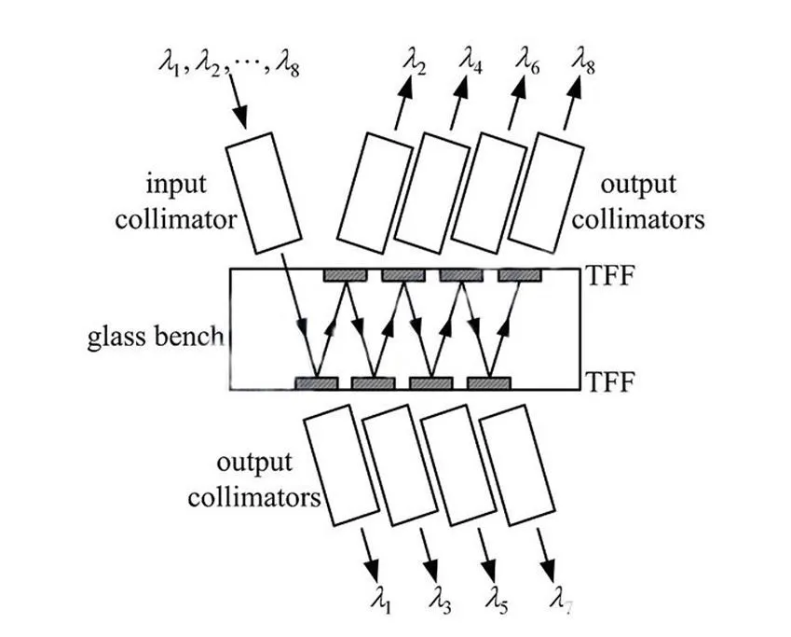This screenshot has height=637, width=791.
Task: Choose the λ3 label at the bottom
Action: click(443, 605)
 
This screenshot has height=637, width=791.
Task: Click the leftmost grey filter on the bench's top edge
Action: click(345, 275)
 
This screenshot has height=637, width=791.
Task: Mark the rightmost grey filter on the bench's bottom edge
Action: click(490, 382)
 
